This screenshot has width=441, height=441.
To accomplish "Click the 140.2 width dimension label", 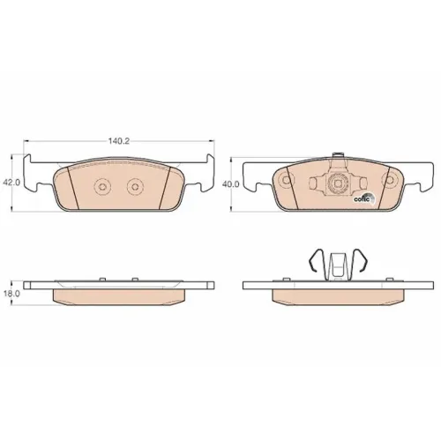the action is click(119, 141).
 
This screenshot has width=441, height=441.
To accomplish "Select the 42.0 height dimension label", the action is click(11, 183).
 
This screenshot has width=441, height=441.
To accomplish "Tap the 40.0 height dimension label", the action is click(231, 184).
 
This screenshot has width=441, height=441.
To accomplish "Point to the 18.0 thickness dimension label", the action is click(11, 294).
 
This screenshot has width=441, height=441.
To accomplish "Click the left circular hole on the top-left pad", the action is click(102, 187).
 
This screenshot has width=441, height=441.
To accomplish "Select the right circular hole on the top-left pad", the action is click(135, 187).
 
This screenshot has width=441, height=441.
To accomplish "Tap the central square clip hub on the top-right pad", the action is click(338, 183).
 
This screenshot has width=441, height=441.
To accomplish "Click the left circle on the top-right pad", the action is click(285, 181).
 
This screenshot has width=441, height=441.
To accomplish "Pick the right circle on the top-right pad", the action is click(390, 181).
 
